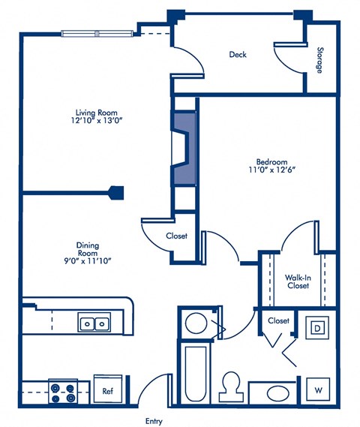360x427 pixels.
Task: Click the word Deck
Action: [238, 54]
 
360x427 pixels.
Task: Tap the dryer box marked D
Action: [317, 328]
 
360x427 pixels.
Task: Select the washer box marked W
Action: [317, 390]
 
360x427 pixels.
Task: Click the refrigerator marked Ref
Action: [107, 391]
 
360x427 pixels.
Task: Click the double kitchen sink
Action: [94, 324]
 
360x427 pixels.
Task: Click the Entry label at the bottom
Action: [153, 421]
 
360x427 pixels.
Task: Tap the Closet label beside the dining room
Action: [176, 236]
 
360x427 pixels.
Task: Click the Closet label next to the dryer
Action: [278, 320]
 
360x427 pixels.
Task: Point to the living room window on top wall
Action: [95, 33]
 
